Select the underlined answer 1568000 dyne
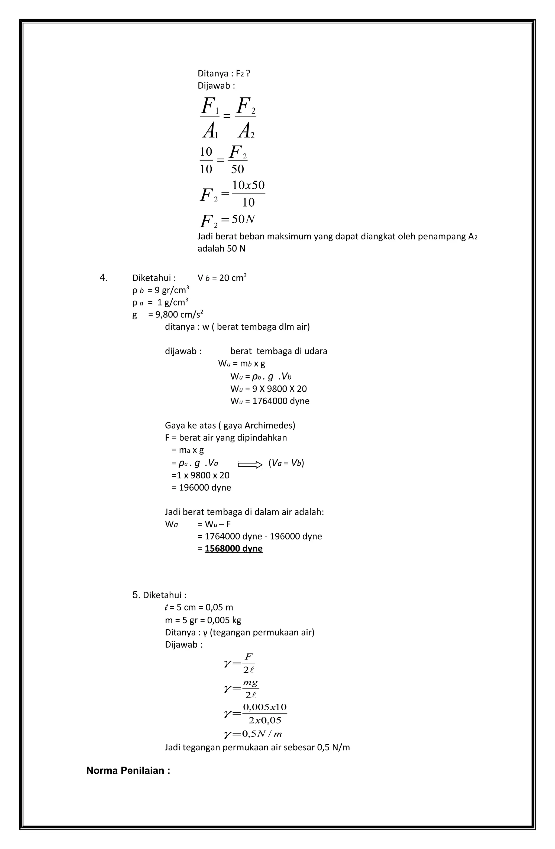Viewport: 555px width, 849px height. pos(234,548)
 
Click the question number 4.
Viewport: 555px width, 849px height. pos(104,278)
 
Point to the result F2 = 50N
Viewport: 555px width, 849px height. pos(228,220)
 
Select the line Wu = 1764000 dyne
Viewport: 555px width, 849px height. pos(270,401)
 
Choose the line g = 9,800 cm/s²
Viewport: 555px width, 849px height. pos(168,314)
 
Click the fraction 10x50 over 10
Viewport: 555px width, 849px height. pos(248,194)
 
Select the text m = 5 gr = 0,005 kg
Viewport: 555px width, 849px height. pos(203,620)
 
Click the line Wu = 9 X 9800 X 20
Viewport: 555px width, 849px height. pos(268,389)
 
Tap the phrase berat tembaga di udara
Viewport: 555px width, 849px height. pos(279,351)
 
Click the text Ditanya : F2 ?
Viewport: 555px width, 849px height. pos(224,73)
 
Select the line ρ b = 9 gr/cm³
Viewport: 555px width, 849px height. pos(160,290)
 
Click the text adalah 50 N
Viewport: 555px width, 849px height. pos(221,249)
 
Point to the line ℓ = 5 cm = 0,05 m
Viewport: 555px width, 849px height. pos(199,607)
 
